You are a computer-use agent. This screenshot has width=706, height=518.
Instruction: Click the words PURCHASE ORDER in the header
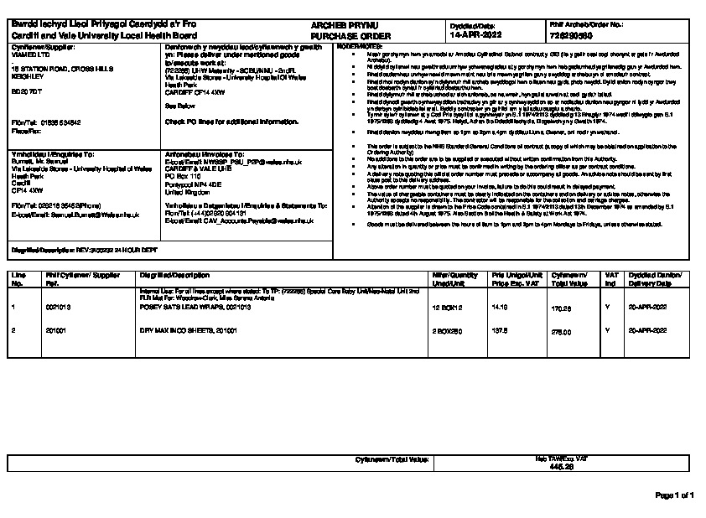340,38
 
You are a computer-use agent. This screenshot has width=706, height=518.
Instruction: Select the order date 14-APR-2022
475,37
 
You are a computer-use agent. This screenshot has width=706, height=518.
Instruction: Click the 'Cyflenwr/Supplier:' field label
34,48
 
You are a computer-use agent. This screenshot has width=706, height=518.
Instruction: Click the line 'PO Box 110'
183,176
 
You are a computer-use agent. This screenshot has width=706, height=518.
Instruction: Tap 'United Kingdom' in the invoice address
189,190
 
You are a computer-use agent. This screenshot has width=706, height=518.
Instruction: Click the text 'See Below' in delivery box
179,107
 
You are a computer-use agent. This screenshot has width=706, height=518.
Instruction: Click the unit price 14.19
500,308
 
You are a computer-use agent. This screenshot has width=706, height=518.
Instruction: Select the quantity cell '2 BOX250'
447,331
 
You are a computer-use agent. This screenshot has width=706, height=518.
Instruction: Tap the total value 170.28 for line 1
561,308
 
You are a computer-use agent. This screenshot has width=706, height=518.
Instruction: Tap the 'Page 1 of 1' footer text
674,496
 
